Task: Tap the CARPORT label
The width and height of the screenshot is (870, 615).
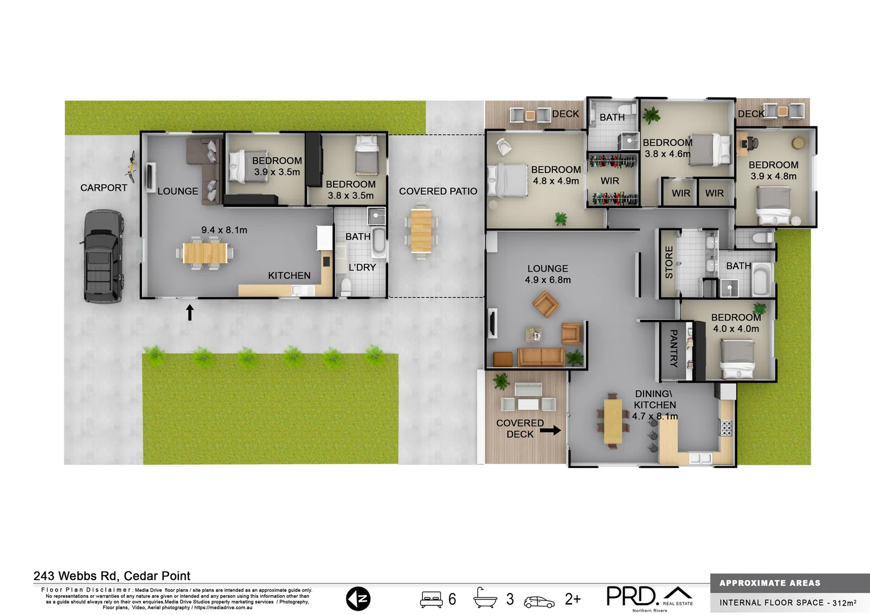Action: [x=104, y=188]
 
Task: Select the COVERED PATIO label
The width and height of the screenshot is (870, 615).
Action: [x=438, y=191]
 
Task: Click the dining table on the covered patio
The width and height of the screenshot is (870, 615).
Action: [x=421, y=231]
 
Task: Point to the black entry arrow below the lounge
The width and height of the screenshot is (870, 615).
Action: [x=190, y=312]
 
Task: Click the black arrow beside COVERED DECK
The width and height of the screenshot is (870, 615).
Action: [x=550, y=430]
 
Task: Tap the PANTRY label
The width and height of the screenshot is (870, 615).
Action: [x=673, y=348]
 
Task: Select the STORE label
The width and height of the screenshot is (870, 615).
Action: [x=669, y=263]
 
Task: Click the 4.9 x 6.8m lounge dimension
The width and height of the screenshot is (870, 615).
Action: [x=548, y=280]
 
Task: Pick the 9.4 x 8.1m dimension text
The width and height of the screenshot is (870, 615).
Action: [x=224, y=230]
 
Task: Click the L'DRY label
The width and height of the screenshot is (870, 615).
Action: [x=362, y=267]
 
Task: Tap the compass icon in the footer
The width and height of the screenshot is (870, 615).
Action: [x=358, y=599]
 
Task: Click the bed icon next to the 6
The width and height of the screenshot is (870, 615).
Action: [x=431, y=600]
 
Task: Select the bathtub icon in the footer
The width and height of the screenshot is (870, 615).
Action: [x=486, y=598]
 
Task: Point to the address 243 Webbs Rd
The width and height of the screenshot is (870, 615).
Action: [x=112, y=576]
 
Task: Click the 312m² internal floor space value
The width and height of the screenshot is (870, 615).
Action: [x=844, y=602]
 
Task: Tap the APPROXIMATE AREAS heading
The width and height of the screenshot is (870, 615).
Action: [x=770, y=583]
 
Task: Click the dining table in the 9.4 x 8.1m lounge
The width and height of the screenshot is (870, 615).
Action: [x=205, y=253]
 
